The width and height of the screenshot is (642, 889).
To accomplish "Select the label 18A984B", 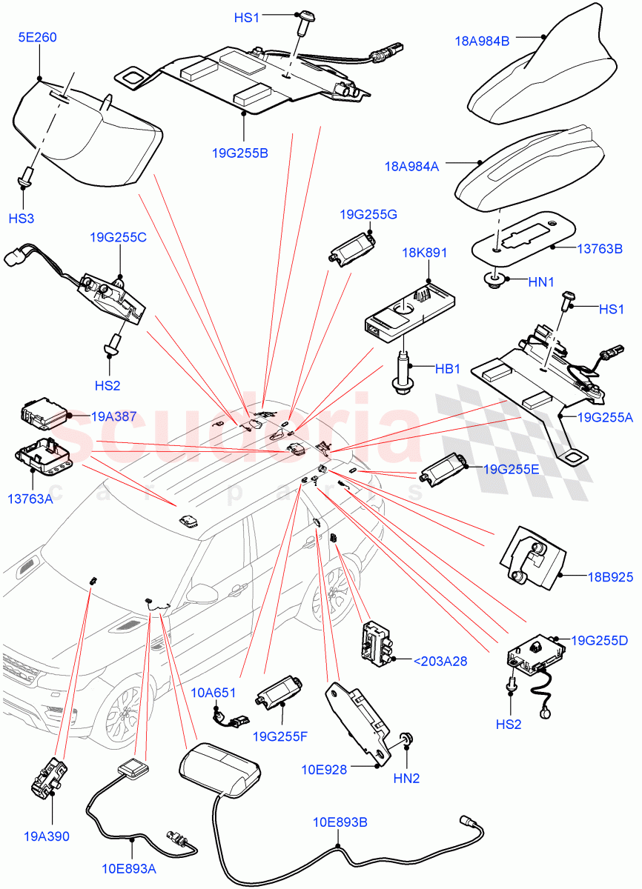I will (x=482, y=41).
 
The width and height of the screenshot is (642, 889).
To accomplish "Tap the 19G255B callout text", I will (x=239, y=153).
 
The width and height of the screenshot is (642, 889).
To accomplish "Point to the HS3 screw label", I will (x=21, y=219).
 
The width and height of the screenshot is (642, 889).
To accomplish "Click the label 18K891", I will (x=424, y=253).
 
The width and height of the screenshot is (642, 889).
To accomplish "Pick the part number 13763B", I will (x=599, y=248).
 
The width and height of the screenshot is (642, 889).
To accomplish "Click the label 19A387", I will (x=113, y=417).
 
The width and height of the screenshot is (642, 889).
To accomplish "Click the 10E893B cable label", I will (x=340, y=822).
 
